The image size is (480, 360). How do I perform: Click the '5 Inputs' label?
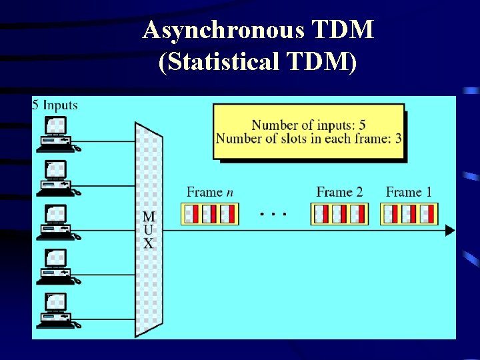pos(55,105)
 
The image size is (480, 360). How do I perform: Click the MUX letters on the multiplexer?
pos(148,230)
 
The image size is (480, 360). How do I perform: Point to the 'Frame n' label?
pos(209,192)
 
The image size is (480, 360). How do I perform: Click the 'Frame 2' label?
pos(339,192)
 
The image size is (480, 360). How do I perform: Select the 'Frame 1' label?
pos(409,192)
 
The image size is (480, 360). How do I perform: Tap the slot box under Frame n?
pos(209,214)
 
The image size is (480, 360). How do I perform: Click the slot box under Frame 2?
pos(339,214)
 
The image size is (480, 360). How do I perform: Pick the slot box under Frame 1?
pos(409,214)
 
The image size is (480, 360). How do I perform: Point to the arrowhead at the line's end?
pos(450,231)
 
